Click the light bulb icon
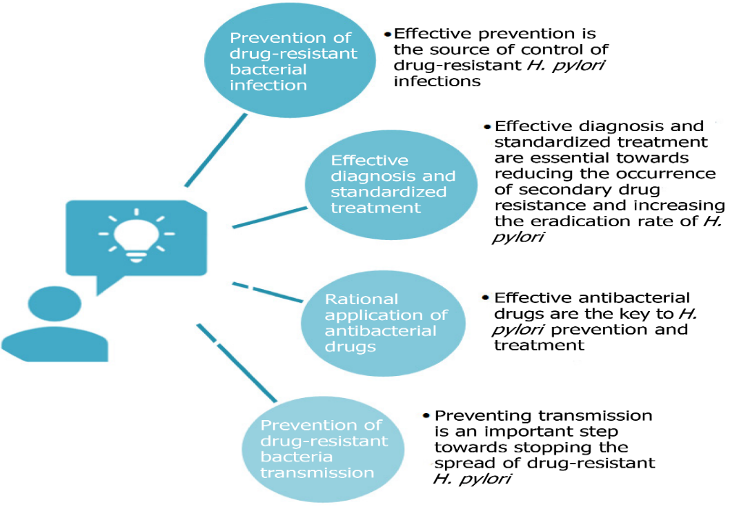point(135,236)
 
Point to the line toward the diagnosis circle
point(269,216)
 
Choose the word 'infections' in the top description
point(437,81)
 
